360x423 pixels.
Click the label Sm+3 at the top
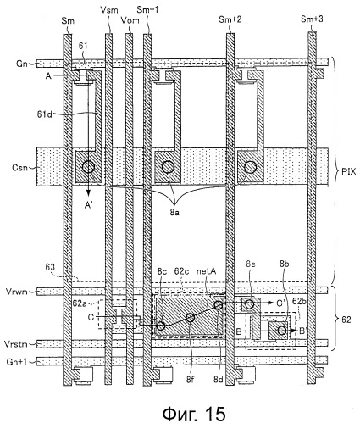312,19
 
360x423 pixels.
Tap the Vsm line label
108,10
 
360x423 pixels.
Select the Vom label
130,20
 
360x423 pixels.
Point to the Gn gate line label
21,64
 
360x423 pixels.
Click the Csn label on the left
19,167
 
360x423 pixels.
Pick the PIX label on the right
348,171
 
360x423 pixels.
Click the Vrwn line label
16,291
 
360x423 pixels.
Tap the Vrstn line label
16,344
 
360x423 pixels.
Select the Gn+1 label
16,361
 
